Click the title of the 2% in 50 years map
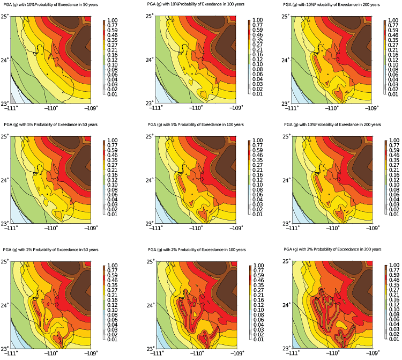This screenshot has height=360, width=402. pos(48,249)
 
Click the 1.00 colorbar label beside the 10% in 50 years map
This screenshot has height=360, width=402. pos(112,19)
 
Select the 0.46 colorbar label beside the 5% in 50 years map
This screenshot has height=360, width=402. pos(112,158)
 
